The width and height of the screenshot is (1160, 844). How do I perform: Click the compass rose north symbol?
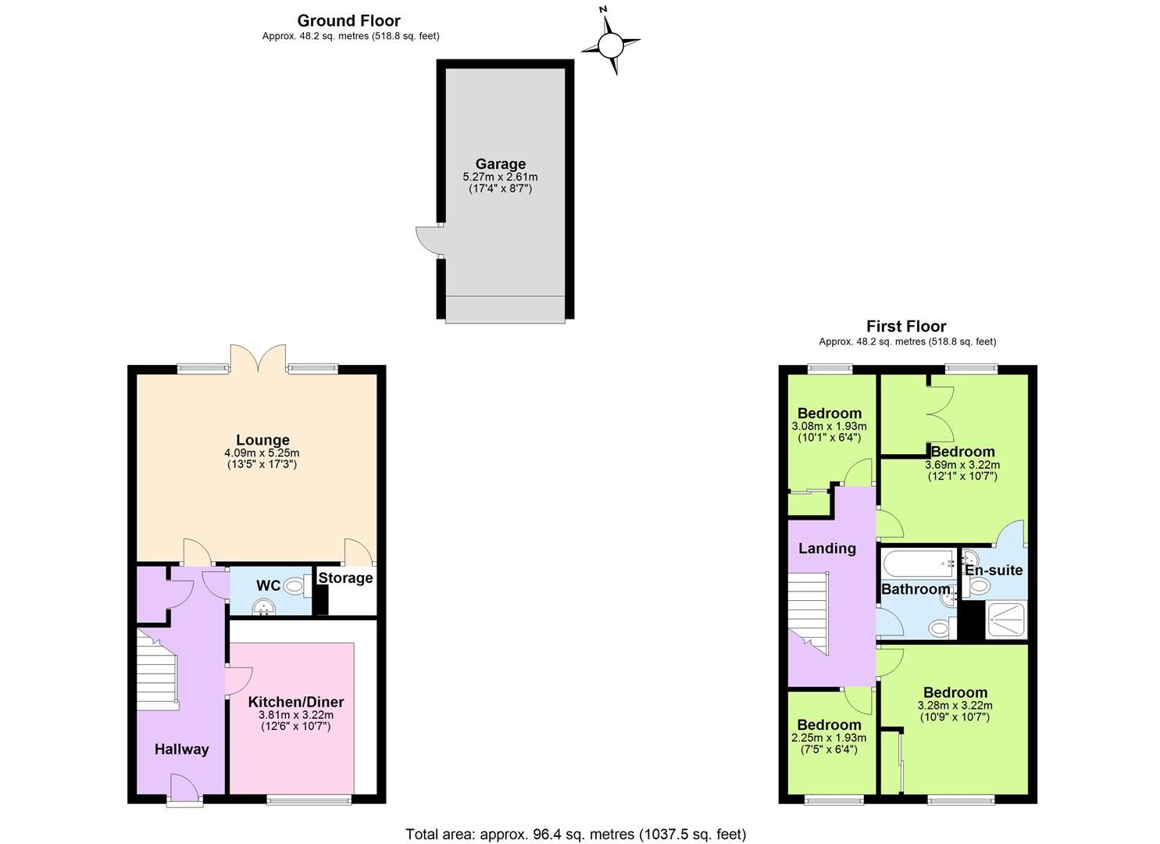click(611, 45)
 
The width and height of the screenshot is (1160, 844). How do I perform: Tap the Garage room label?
click(501, 164)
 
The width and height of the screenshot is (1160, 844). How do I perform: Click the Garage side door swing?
click(428, 241)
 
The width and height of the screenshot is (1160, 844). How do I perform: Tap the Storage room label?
click(345, 578)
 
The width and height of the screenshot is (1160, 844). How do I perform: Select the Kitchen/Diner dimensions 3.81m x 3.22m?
click(295, 714)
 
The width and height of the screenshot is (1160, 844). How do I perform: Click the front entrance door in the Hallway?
click(184, 788)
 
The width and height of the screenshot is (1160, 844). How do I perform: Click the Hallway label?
click(181, 749)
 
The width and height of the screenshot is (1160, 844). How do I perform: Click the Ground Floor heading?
click(349, 20)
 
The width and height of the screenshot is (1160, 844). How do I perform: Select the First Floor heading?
click(906, 326)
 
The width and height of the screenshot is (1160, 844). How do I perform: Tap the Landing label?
click(826, 548)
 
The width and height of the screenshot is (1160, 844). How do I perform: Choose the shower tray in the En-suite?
click(1006, 620)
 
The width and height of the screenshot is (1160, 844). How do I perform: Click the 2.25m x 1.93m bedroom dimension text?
click(829, 738)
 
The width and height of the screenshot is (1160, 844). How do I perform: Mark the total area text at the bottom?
click(576, 834)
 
